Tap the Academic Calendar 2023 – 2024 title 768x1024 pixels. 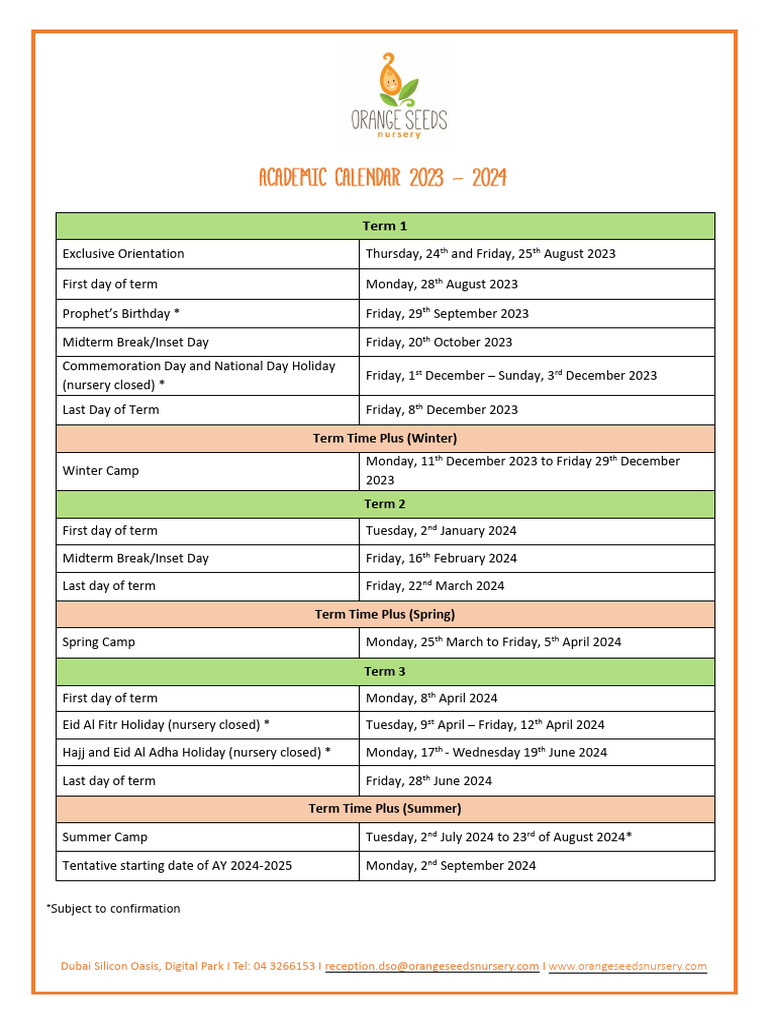383,179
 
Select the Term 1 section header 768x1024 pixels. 385,226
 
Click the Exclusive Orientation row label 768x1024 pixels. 123,254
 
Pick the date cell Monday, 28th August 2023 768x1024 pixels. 441,284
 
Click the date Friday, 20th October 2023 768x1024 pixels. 439,342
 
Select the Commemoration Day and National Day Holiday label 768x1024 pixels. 199,375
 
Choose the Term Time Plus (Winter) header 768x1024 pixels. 385,438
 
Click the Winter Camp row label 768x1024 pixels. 101,471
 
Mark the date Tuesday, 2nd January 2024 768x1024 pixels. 441,531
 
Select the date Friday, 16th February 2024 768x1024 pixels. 441,558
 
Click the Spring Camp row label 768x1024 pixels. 99,642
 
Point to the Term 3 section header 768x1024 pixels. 385,671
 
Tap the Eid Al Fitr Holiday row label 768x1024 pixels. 166,725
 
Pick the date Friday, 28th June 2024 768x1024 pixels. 429,781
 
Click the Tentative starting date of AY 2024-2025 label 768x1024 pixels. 177,866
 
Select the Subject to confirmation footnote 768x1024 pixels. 113,909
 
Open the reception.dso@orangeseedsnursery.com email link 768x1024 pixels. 432,966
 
